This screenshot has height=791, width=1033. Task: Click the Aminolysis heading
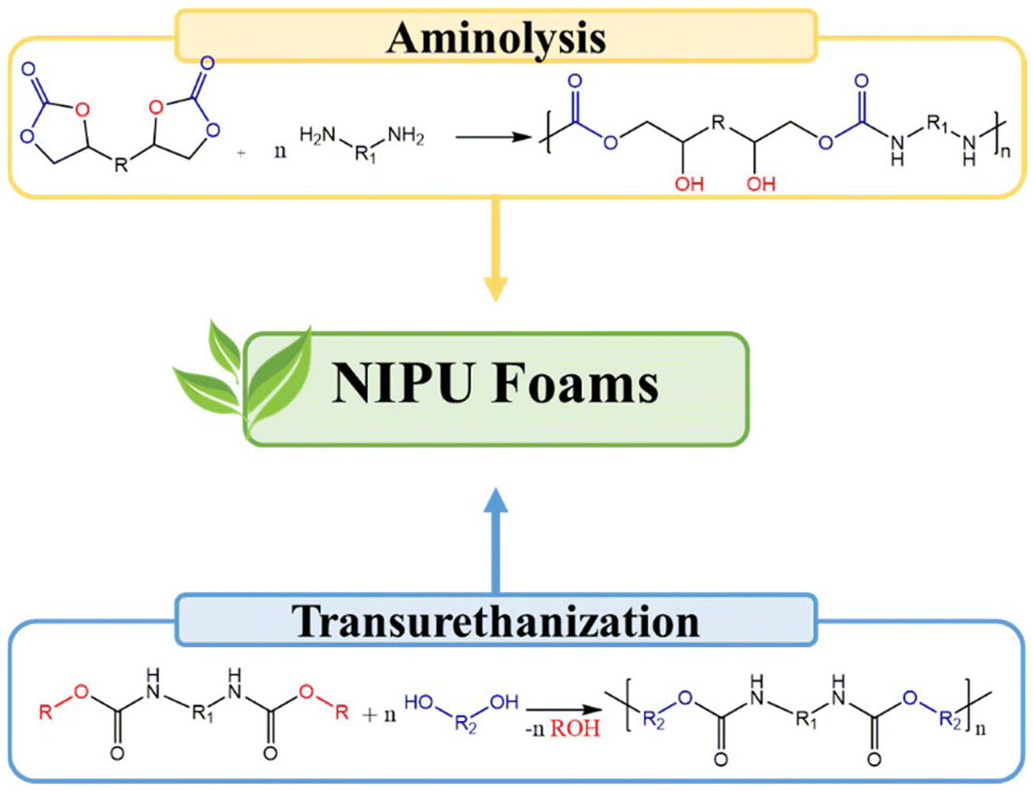click(x=496, y=37)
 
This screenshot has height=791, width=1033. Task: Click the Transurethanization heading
click(x=496, y=621)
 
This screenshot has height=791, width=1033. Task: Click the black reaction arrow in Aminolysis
click(x=493, y=137)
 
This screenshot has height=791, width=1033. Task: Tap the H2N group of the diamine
click(x=317, y=136)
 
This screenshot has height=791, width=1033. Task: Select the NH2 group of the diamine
click(x=406, y=136)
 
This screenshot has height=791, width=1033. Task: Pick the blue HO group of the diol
click(x=419, y=703)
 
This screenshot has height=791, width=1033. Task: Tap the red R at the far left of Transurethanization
click(x=45, y=711)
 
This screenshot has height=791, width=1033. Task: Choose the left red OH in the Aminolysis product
click(x=689, y=184)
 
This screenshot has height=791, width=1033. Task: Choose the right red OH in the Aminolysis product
click(x=761, y=184)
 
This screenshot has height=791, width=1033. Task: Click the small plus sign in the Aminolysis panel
click(x=241, y=153)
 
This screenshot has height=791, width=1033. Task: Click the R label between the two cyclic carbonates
click(x=121, y=166)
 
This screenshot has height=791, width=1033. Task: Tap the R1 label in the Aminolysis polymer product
click(x=938, y=125)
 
